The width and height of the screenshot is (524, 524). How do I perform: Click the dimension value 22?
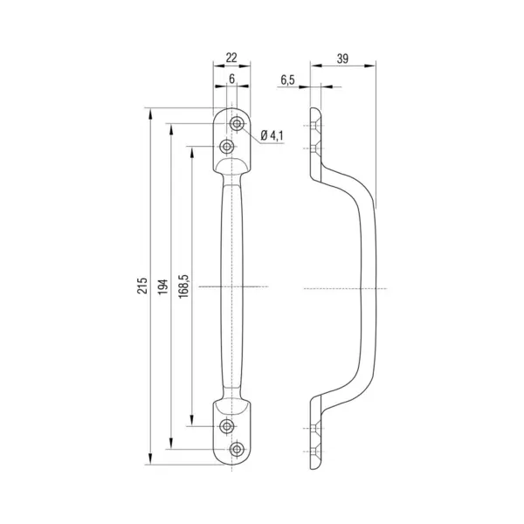tap(231, 58)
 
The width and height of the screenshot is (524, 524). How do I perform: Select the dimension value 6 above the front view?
tap(232, 79)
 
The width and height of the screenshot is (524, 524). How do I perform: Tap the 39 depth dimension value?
tap(342, 59)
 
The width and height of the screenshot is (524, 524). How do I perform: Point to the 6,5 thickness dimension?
tap(287, 79)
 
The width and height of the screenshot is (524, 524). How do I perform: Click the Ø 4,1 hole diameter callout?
tap(272, 135)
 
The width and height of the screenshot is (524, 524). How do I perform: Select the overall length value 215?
tap(142, 285)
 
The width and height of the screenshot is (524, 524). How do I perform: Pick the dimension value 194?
tap(163, 286)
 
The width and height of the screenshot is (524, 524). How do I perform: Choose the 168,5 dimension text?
tap(183, 286)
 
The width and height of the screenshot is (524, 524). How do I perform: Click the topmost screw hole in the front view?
tap(237, 124)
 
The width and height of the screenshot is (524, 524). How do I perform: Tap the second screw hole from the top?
tap(227, 146)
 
